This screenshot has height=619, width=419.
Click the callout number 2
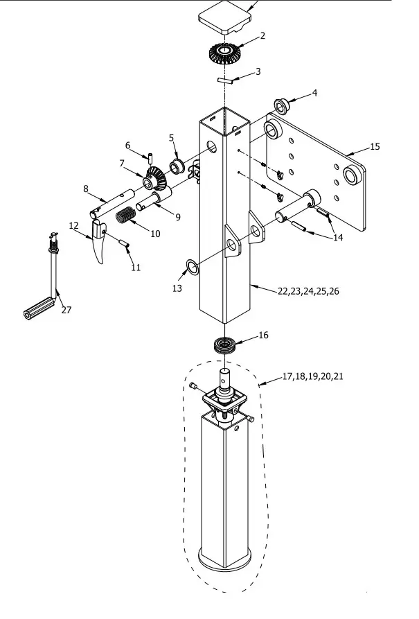coord(262,36)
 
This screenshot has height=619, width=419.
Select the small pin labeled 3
coord(226,80)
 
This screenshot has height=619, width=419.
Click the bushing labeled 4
coord(282,106)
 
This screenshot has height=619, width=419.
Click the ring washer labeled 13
coord(192,268)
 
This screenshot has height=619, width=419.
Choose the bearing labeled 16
coord(224,345)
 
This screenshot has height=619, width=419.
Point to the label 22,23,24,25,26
coord(308,291)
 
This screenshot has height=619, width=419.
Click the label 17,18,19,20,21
coord(313,376)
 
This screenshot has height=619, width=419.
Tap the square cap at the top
coord(224,17)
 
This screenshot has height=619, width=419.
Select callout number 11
coord(136,268)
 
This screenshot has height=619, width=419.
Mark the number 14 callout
coord(338,238)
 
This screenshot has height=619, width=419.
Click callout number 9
coord(178,217)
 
